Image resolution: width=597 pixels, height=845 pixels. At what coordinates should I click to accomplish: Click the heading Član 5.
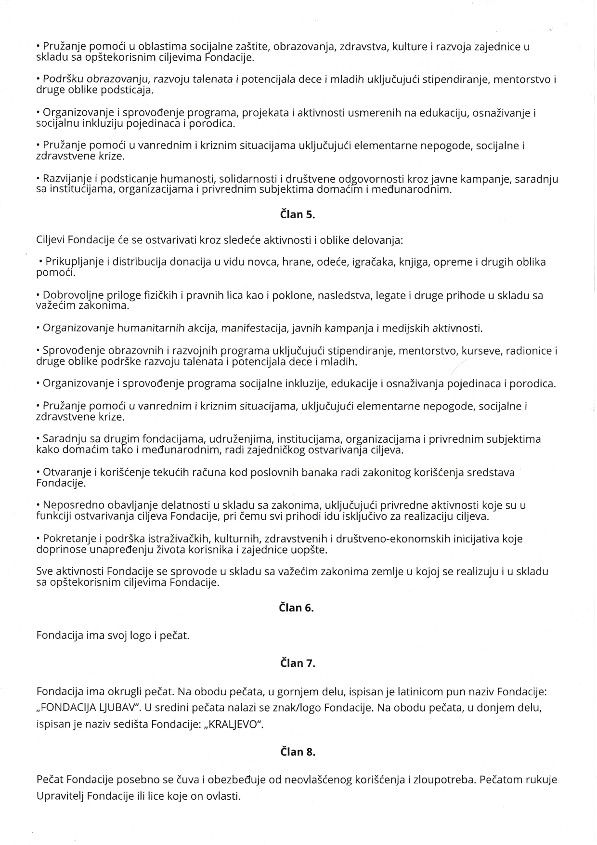298,215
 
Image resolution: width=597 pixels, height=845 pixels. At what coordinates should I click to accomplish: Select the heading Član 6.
297,607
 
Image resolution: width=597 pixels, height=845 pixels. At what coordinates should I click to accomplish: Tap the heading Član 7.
298,663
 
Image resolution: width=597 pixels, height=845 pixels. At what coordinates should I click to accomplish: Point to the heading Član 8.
298,752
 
